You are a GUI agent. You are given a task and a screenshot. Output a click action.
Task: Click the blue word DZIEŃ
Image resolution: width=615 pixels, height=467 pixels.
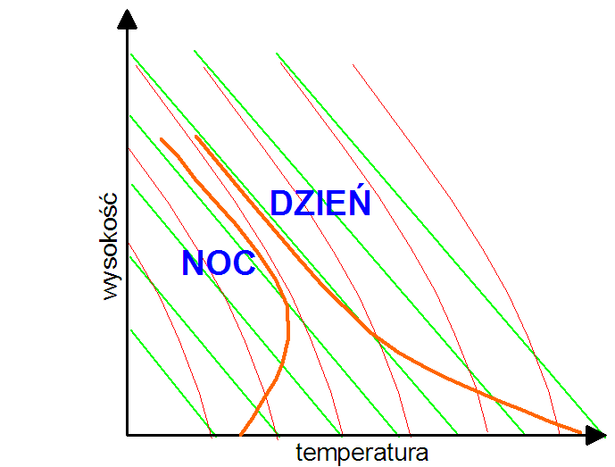[x=320, y=204]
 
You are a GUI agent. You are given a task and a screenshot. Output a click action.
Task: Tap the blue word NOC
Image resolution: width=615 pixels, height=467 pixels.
[x=219, y=263]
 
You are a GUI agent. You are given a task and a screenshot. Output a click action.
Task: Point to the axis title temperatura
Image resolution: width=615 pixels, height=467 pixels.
[x=362, y=452]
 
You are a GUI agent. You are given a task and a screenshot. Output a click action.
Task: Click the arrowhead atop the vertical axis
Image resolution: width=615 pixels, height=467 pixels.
[x=128, y=19]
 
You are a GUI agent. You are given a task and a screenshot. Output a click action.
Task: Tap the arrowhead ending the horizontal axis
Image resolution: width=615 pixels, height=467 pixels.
[x=596, y=435]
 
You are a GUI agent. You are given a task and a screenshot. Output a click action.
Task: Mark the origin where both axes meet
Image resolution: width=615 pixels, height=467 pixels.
[x=128, y=435]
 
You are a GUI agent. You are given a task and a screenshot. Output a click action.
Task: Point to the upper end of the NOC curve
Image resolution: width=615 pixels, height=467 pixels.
[x=161, y=138]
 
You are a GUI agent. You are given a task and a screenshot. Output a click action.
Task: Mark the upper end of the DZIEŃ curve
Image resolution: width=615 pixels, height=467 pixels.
[x=196, y=137]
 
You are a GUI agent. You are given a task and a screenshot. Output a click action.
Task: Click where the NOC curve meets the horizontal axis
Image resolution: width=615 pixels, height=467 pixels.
[x=241, y=435]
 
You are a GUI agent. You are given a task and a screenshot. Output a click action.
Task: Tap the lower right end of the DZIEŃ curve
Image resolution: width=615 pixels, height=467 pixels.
[x=582, y=433]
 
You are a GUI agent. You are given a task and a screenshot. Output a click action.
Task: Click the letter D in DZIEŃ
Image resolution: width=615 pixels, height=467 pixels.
[x=281, y=204]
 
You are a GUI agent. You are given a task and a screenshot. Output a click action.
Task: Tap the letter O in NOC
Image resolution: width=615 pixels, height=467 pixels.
[x=220, y=263]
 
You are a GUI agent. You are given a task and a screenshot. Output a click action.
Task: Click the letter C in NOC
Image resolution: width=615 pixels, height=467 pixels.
[x=244, y=263]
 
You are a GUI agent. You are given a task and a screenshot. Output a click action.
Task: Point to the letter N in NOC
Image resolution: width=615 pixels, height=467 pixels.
[x=194, y=263]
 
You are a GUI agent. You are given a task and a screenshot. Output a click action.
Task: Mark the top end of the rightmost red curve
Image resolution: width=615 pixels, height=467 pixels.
[x=353, y=65]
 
